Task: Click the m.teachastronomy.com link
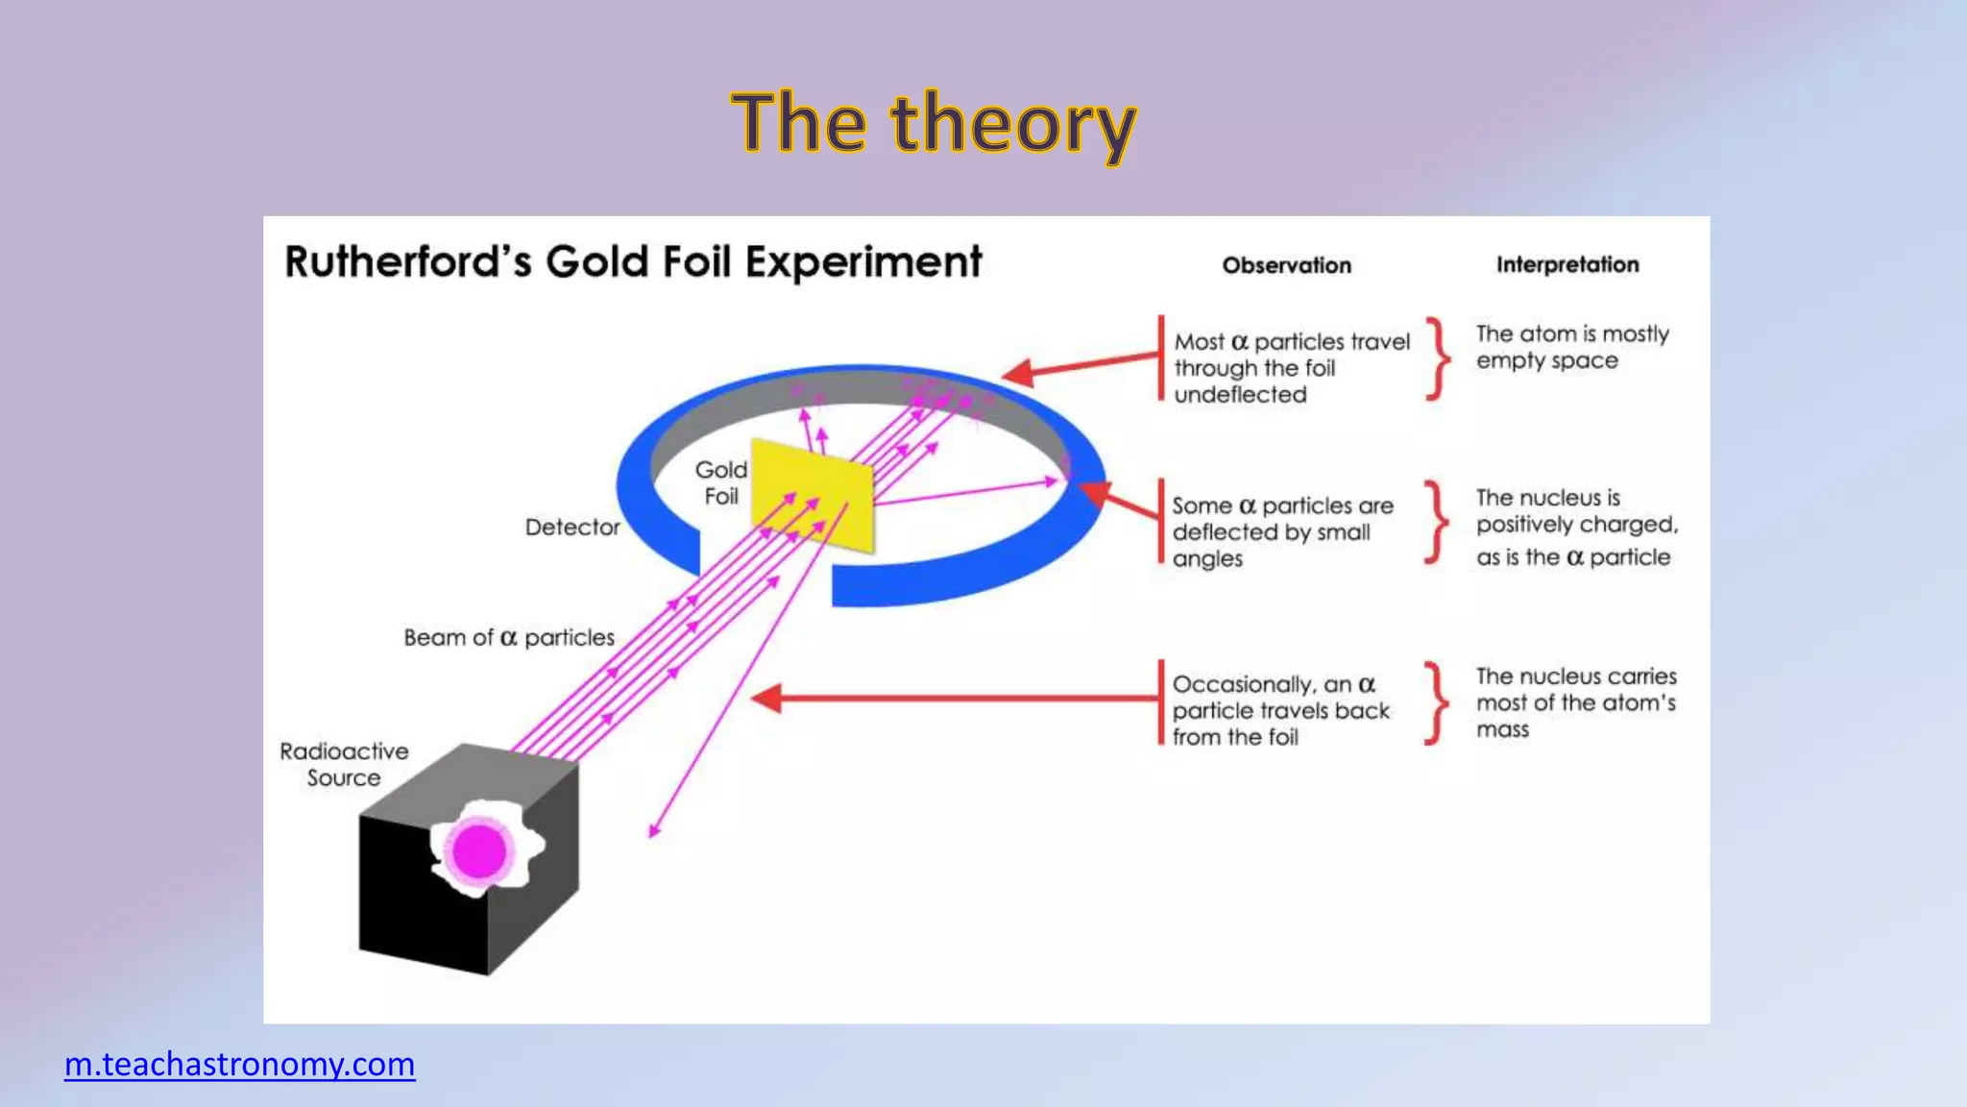point(239,1065)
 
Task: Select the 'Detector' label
point(572,528)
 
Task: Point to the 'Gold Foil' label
point(721,482)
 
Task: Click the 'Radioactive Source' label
point(344,765)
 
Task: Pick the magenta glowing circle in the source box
point(479,851)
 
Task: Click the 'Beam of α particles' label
point(508,638)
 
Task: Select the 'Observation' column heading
point(1286,266)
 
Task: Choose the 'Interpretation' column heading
point(1567,265)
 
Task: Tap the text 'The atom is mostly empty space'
point(1571,347)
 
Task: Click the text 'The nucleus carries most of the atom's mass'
point(1575,702)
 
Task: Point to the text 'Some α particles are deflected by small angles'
point(1281,531)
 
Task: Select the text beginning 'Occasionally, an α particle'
point(1280,710)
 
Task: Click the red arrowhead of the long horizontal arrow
point(765,699)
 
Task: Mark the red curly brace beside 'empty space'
point(1437,357)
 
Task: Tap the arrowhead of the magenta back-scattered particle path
point(654,830)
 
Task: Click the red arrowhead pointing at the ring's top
point(1017,373)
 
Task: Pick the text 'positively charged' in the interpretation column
point(1577,525)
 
